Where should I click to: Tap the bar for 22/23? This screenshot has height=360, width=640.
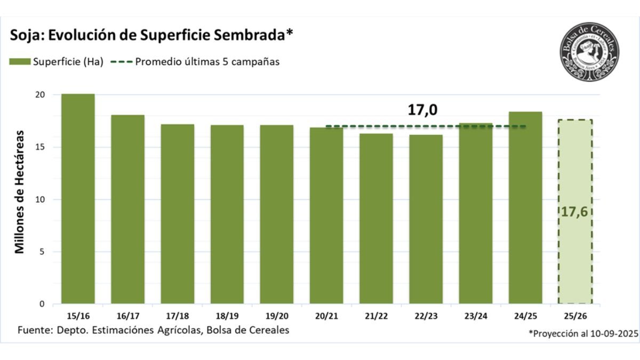click(x=426, y=219)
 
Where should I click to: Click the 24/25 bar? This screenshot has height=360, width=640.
click(x=525, y=208)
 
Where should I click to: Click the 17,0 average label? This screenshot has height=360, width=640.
click(x=422, y=110)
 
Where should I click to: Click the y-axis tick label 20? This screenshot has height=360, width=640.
click(x=55, y=95)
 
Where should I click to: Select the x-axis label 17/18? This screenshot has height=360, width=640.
click(x=177, y=316)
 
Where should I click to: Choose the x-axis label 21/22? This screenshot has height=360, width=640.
click(x=376, y=316)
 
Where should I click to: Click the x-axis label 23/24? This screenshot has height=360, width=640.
click(x=475, y=316)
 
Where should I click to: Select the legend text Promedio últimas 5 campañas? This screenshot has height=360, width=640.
click(x=207, y=61)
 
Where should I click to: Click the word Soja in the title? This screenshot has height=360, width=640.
click(x=26, y=36)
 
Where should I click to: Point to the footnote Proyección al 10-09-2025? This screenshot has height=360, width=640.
click(x=583, y=333)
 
